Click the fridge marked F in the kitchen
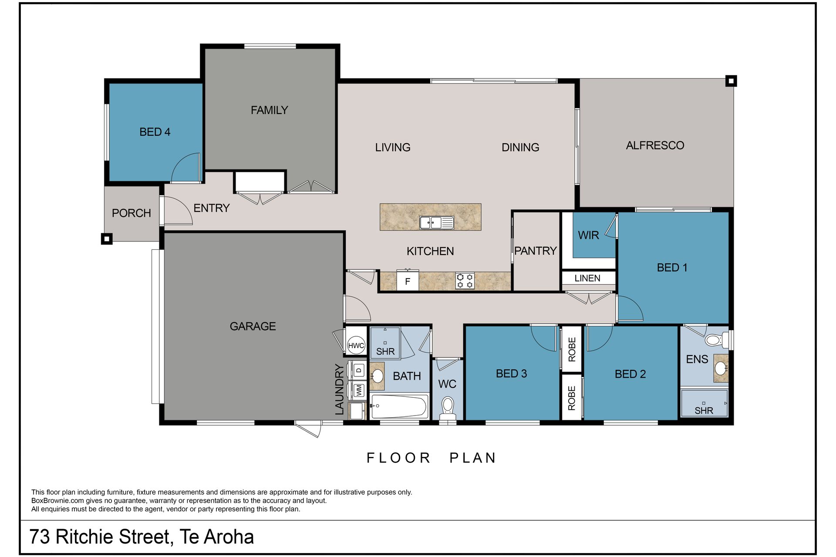408,281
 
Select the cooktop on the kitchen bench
465,281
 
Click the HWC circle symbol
356,346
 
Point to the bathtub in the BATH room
398,406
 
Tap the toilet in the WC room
447,406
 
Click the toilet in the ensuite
715,340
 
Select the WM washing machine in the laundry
359,390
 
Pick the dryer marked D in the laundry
359,370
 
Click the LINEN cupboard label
587,278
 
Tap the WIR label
588,235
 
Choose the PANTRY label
535,251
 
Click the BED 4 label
155,132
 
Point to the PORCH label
131,213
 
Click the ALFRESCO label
655,145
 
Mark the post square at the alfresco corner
731,81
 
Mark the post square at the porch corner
107,238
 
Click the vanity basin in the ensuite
721,368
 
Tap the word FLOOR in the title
398,458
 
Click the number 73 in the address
40,537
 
